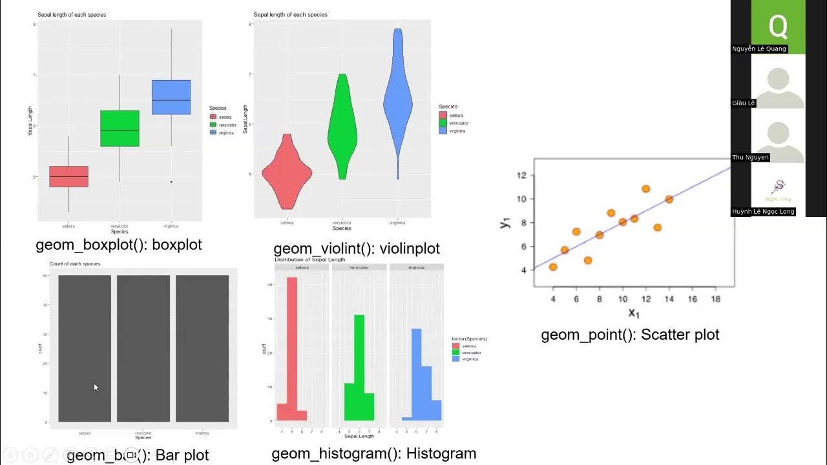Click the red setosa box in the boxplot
[x=68, y=176]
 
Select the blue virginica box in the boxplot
[x=171, y=97]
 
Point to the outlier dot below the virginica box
[x=171, y=181]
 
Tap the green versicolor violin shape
[x=342, y=129]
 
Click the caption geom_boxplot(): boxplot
[x=119, y=245]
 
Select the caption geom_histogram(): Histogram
[x=373, y=453]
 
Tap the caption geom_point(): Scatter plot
[x=630, y=335]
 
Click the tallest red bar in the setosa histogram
[x=292, y=349]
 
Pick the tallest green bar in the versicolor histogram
[x=360, y=368]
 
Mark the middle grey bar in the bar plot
[x=143, y=349]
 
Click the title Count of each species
[x=74, y=264]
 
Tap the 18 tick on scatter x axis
[x=715, y=300]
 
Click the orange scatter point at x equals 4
[x=553, y=267]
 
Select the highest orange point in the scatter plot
[x=645, y=189]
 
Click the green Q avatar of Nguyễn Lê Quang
[x=778, y=26]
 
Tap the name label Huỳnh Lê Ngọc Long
[x=763, y=212]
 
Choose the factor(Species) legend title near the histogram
[x=469, y=338]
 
